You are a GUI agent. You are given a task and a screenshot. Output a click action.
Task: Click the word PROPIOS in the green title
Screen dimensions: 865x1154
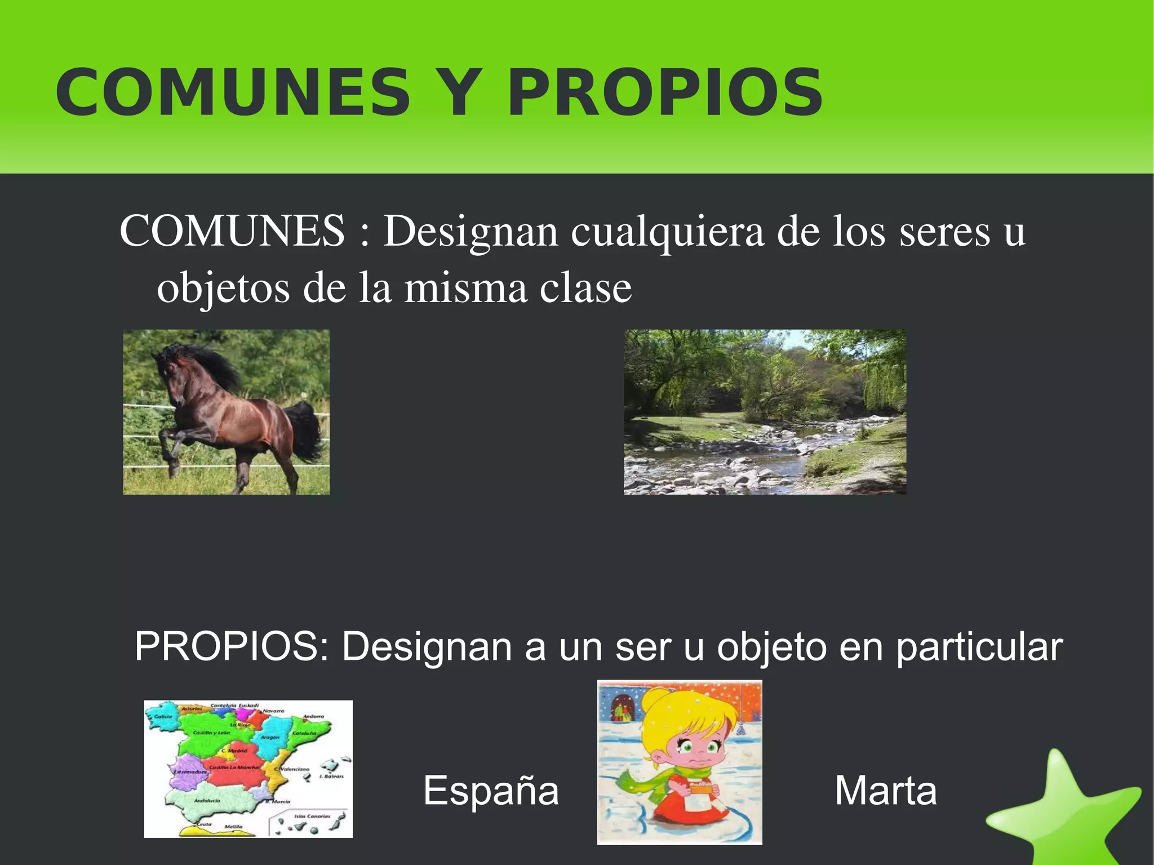click(x=665, y=93)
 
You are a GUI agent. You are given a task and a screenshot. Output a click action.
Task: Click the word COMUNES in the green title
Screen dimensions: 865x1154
click(x=233, y=93)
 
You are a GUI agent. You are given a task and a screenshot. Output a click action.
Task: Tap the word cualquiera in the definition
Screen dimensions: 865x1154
click(x=667, y=232)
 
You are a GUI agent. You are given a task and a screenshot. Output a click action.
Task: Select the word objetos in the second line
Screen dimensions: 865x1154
click(x=223, y=289)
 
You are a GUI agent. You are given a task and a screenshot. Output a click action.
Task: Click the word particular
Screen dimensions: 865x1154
click(x=979, y=647)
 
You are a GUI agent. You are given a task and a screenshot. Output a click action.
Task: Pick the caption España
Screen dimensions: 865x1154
click(x=491, y=790)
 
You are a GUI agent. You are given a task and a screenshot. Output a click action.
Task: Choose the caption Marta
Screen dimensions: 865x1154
click(x=885, y=790)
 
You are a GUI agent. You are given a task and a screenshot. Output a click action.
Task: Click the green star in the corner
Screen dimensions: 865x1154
click(x=1065, y=811)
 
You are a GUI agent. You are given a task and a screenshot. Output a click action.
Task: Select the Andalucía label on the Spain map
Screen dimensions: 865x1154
click(x=207, y=801)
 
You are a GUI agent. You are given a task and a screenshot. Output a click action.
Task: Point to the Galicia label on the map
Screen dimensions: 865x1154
click(x=163, y=717)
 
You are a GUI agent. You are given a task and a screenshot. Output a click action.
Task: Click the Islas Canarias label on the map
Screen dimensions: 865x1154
click(x=312, y=816)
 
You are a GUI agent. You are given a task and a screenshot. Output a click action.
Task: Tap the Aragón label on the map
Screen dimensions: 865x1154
click(x=270, y=737)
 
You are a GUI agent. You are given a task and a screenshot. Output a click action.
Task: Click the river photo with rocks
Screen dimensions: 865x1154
click(x=765, y=412)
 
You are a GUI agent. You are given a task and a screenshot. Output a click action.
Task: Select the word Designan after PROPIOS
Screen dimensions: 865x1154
click(x=427, y=647)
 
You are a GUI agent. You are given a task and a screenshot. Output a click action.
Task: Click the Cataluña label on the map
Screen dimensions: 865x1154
click(x=304, y=733)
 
